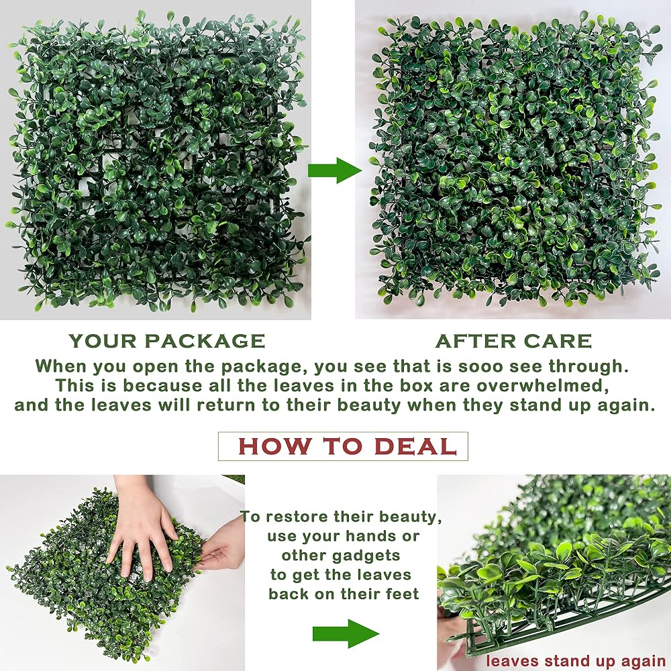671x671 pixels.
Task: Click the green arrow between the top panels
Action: point(333,170)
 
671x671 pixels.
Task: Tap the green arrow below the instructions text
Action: point(346,633)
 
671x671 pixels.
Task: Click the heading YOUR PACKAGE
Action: point(167,341)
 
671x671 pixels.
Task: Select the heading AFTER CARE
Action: point(513,341)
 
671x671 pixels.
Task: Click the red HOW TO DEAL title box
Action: point(343,446)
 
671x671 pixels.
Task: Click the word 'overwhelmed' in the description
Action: point(543,385)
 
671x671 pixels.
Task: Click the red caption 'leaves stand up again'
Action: point(576,660)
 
